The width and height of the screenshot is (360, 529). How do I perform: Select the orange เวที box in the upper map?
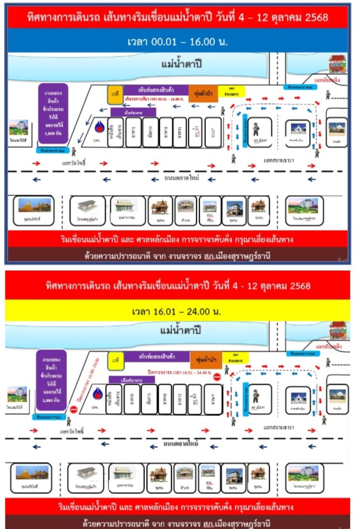(x=115, y=95)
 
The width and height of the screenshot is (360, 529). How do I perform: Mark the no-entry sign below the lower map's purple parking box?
(x=74, y=410)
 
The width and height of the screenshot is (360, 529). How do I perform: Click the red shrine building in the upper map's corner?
(x=339, y=64)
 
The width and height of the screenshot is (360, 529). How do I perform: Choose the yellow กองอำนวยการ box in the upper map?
(x=231, y=92)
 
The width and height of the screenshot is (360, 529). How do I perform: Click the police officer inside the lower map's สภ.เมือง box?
(x=256, y=396)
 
